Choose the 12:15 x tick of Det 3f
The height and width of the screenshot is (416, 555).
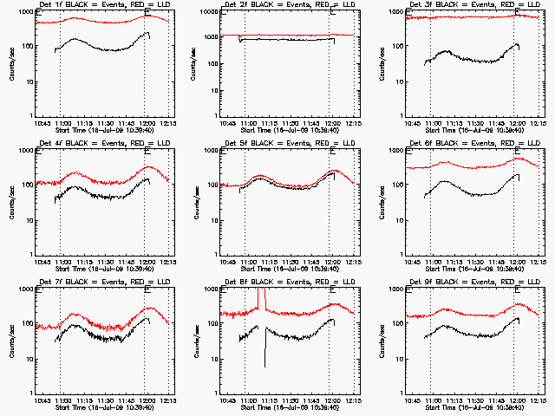tap(539, 122)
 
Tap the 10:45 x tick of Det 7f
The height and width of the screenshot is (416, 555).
tap(43, 400)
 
